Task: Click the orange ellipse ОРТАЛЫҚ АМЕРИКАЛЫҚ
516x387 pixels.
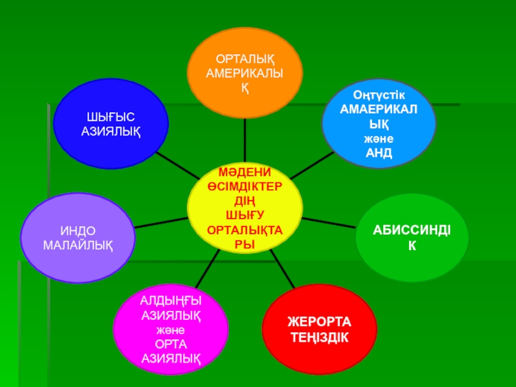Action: pyautogui.click(x=244, y=64)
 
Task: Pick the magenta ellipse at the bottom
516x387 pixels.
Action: pyautogui.click(x=170, y=329)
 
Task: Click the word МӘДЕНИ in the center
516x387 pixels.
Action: pyautogui.click(x=244, y=173)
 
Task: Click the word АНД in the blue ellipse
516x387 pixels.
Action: pyautogui.click(x=379, y=153)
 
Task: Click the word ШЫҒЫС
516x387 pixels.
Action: pyautogui.click(x=111, y=117)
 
